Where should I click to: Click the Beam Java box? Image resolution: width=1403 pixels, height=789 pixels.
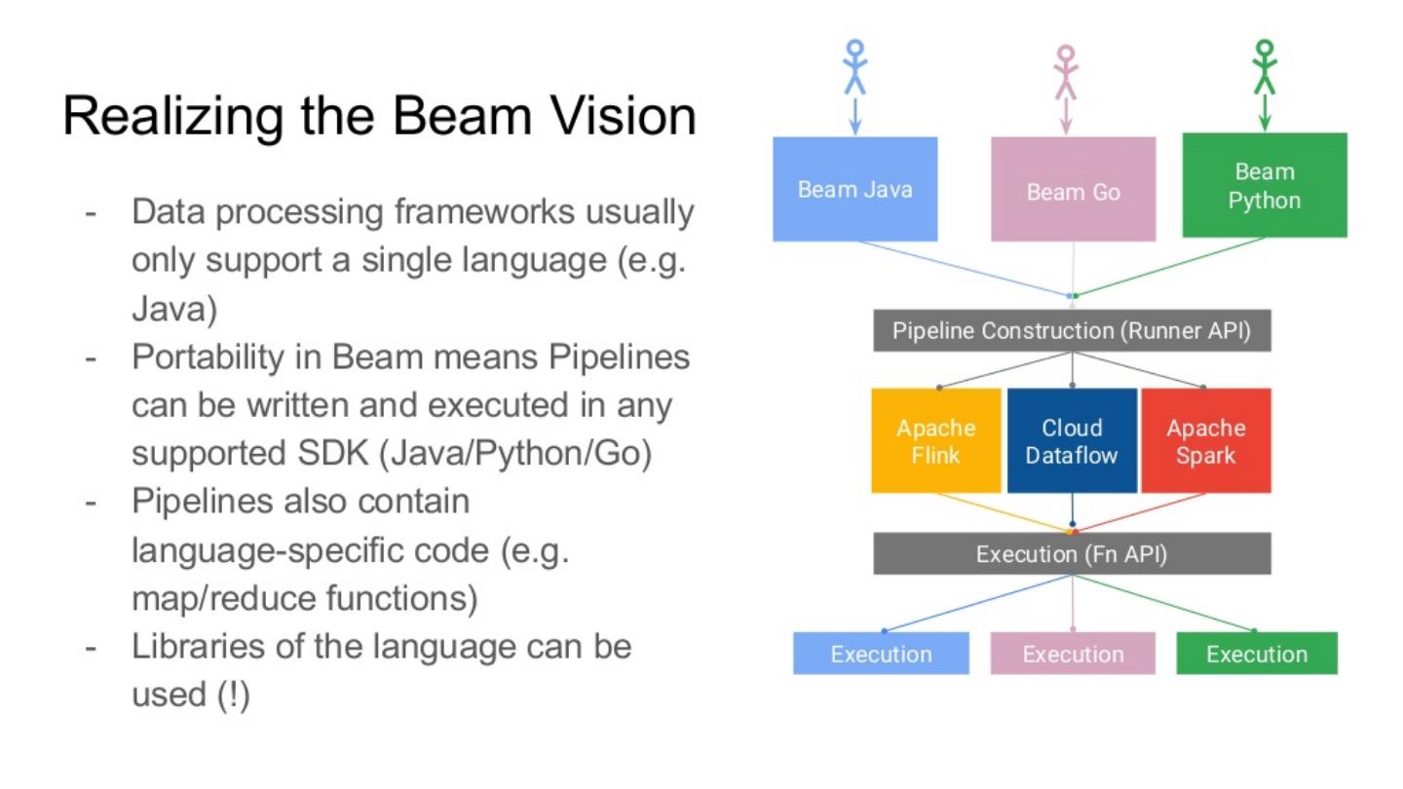[x=855, y=189]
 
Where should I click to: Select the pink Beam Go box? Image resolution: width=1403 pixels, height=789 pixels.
[x=1073, y=189]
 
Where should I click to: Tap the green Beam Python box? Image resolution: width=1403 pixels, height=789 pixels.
[x=1265, y=185]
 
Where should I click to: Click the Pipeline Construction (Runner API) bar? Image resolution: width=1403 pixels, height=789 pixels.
[x=1073, y=330]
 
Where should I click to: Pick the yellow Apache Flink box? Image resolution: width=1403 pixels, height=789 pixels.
[x=935, y=441]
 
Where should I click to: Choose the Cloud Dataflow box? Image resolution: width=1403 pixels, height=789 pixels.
[x=1072, y=441]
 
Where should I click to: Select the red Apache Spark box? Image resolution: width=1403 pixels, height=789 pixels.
[x=1206, y=441]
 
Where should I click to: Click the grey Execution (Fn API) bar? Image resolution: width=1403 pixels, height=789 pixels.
[x=1073, y=553]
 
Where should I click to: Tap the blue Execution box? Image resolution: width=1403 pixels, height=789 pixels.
[x=881, y=653]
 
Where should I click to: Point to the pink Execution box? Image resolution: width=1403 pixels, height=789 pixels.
[x=1073, y=653]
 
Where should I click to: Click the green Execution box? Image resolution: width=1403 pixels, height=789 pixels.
[x=1257, y=653]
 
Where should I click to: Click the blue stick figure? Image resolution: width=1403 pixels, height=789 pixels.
[x=855, y=67]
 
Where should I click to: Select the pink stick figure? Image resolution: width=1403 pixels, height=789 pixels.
[x=1066, y=72]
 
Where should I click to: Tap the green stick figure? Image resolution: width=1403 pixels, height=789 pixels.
[x=1265, y=67]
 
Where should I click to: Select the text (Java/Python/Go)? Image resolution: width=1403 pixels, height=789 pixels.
[x=515, y=453]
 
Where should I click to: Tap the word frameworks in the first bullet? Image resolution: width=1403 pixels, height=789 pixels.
[x=484, y=211]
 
